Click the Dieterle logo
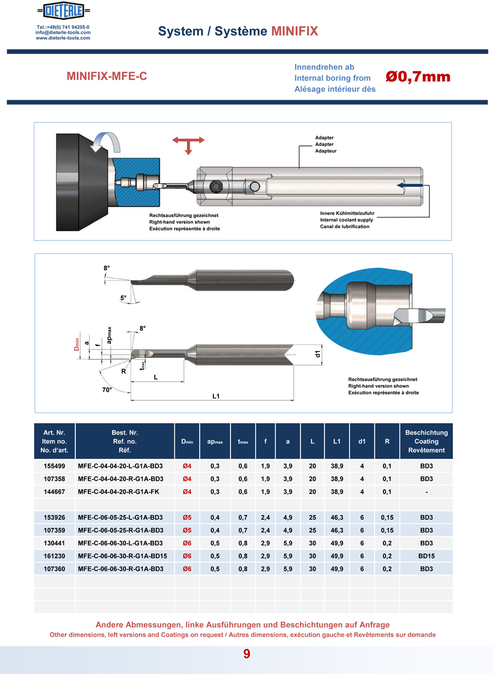(x=63, y=11)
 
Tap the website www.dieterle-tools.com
(x=63, y=38)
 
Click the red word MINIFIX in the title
(x=294, y=31)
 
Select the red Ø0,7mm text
(x=418, y=77)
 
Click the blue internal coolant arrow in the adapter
(x=409, y=185)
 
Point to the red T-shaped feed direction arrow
(x=188, y=145)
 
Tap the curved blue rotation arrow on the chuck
(x=105, y=142)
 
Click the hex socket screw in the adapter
(x=214, y=187)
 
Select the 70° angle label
(x=107, y=389)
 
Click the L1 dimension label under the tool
(x=216, y=396)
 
